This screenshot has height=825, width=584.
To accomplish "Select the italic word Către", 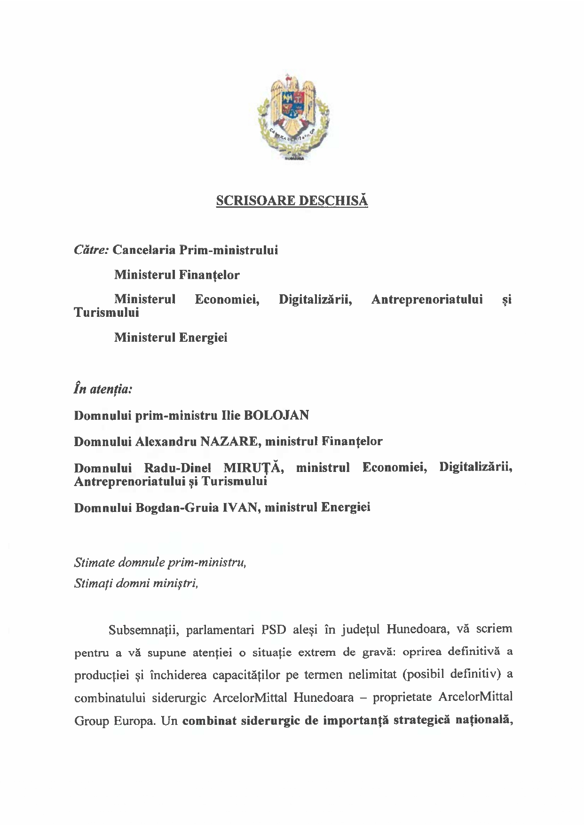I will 92,250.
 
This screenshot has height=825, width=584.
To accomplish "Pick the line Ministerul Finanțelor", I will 177,275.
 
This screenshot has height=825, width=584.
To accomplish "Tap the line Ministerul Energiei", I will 171,338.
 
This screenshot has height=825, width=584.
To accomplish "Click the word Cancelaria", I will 144,250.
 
